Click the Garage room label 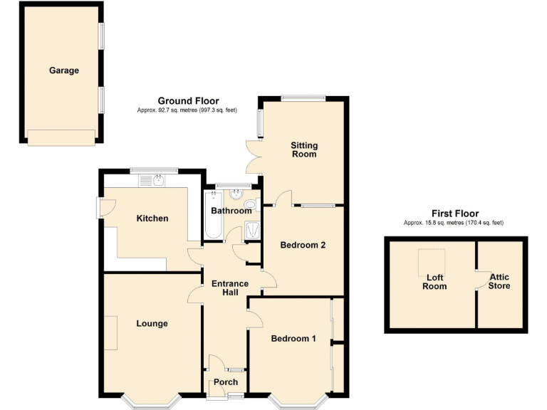pyautogui.click(x=64, y=70)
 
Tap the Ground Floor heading pyautogui.click(x=188, y=101)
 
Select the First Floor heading pyautogui.click(x=455, y=214)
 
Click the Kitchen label pyautogui.click(x=152, y=219)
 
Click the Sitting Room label pyautogui.click(x=304, y=149)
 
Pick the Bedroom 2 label pyautogui.click(x=303, y=245)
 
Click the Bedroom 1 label pyautogui.click(x=293, y=338)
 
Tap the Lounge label pyautogui.click(x=152, y=324)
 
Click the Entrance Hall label pyautogui.click(x=230, y=288)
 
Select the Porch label pyautogui.click(x=226, y=382)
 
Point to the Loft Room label pyautogui.click(x=434, y=282)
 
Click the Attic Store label pyautogui.click(x=499, y=281)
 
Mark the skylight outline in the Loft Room pyautogui.click(x=431, y=263)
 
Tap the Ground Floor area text pyautogui.click(x=188, y=110)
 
